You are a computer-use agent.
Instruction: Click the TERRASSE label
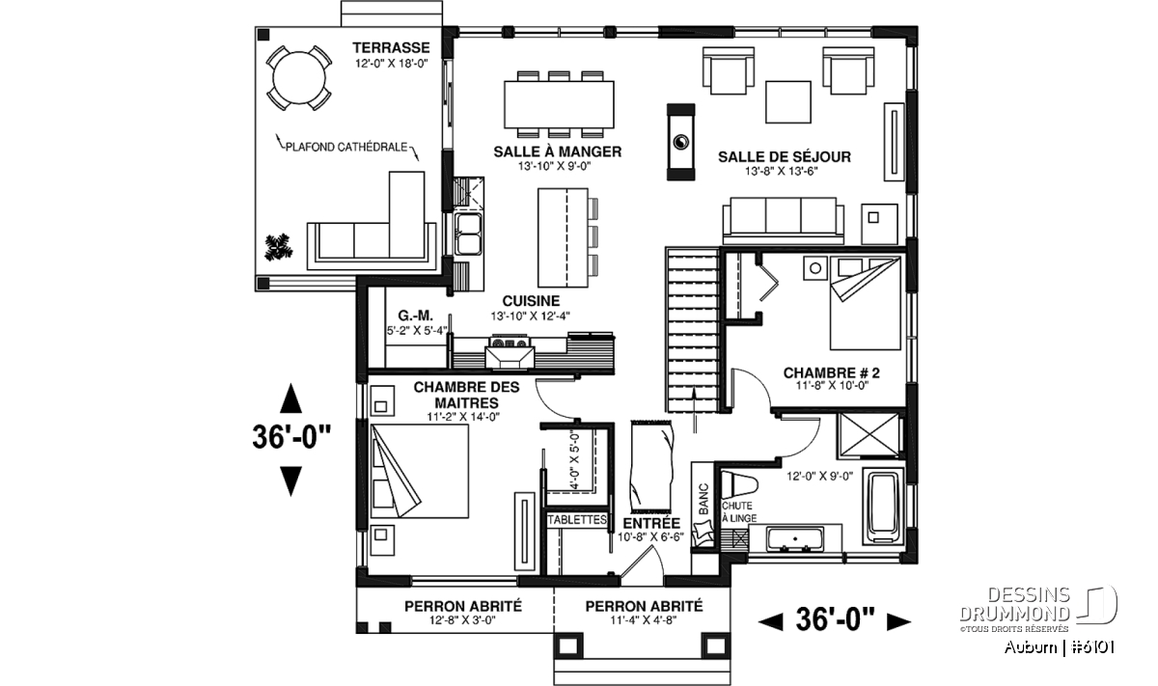(x=391, y=47)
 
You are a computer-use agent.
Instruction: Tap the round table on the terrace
(x=299, y=78)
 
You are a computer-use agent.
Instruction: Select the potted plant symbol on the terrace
(x=278, y=247)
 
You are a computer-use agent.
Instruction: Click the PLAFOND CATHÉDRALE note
(x=346, y=148)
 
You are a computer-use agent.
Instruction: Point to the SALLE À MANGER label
(x=558, y=151)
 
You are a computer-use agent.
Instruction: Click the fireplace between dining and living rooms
(x=680, y=142)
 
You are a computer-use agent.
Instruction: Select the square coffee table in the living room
(x=787, y=102)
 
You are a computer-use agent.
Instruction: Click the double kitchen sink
(x=468, y=233)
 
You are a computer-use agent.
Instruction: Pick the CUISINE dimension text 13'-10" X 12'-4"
(x=530, y=316)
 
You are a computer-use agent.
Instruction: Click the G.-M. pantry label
(x=415, y=316)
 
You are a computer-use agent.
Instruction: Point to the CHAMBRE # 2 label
(x=831, y=372)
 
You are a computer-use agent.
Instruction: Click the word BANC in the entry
(x=703, y=500)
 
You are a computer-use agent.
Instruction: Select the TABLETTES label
(x=577, y=519)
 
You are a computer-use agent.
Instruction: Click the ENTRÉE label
(x=651, y=523)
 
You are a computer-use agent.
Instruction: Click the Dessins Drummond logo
(x=1038, y=609)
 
